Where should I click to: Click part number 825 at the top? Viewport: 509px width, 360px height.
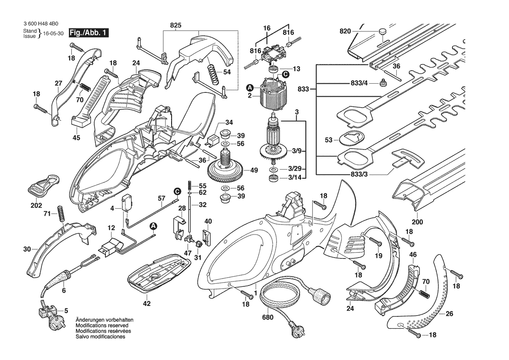(176, 26)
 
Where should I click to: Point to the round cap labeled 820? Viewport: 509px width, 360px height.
(382, 31)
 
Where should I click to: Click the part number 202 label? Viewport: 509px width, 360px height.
(36, 205)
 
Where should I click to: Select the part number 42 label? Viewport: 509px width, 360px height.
(147, 303)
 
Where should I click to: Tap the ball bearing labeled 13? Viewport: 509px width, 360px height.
(274, 69)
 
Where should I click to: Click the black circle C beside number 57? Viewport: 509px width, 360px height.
(177, 191)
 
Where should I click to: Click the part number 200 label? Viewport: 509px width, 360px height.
(418, 221)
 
